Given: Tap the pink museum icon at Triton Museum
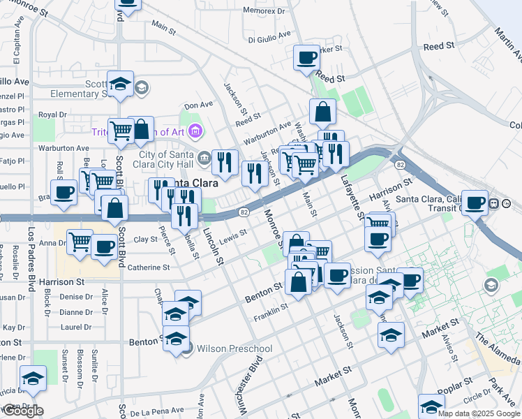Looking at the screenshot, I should pyautogui.click(x=195, y=131).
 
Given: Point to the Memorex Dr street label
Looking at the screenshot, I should pyautogui.click(x=264, y=11).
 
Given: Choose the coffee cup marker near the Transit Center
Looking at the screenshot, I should pyautogui.click(x=475, y=203).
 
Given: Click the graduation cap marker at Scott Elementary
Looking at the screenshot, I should pyautogui.click(x=121, y=84).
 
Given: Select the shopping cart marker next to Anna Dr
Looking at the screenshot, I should pyautogui.click(x=80, y=242).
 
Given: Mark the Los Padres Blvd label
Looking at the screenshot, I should pyautogui.click(x=31, y=258).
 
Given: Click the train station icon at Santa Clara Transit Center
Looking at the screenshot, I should pyautogui.click(x=494, y=203).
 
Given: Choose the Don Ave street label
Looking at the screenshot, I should pyautogui.click(x=197, y=105).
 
